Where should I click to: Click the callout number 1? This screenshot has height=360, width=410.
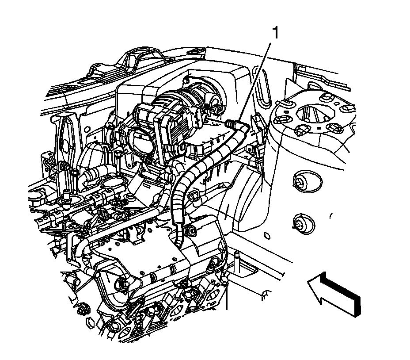click(x=276, y=33)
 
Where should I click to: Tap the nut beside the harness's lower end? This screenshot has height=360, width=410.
click(x=191, y=230)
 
